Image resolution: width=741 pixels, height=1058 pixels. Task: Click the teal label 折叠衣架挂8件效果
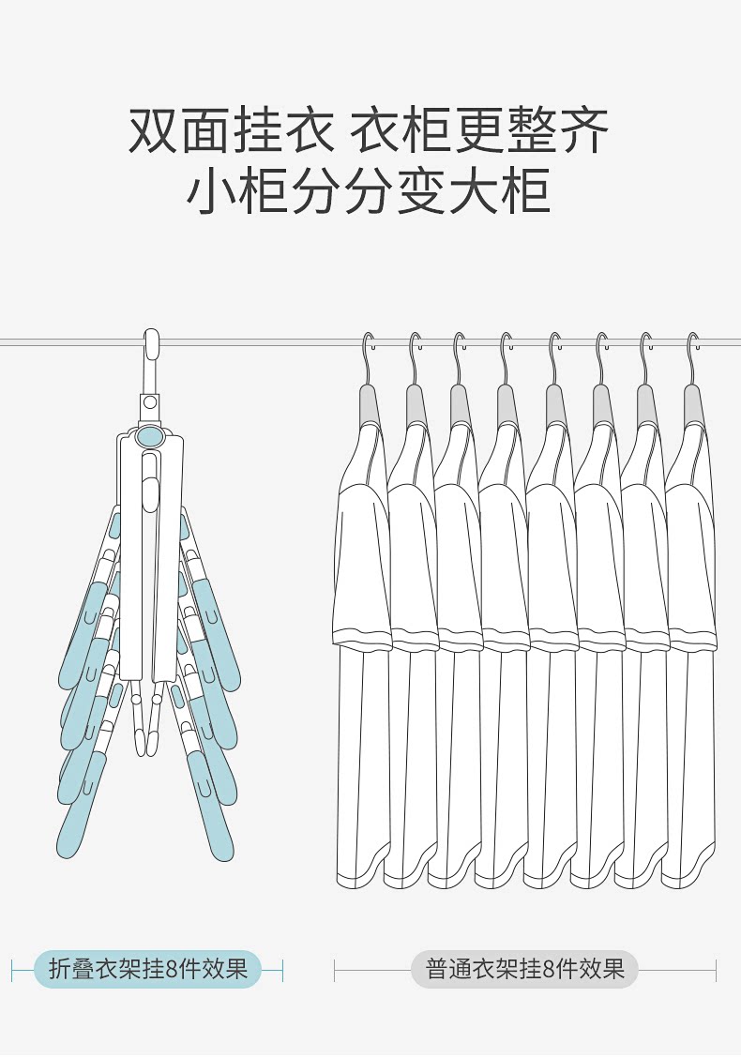pyautogui.click(x=147, y=969)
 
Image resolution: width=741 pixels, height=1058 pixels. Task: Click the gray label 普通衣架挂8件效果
pyautogui.click(x=524, y=969)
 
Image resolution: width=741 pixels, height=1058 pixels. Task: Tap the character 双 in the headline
pyautogui.click(x=154, y=130)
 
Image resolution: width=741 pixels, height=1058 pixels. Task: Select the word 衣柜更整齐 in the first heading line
pyautogui.click(x=479, y=130)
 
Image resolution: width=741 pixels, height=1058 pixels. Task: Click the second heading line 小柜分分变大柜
pyautogui.click(x=369, y=192)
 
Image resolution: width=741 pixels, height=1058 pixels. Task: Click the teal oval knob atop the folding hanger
pyautogui.click(x=148, y=436)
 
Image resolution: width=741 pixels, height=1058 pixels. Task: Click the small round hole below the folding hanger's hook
pyautogui.click(x=149, y=402)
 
